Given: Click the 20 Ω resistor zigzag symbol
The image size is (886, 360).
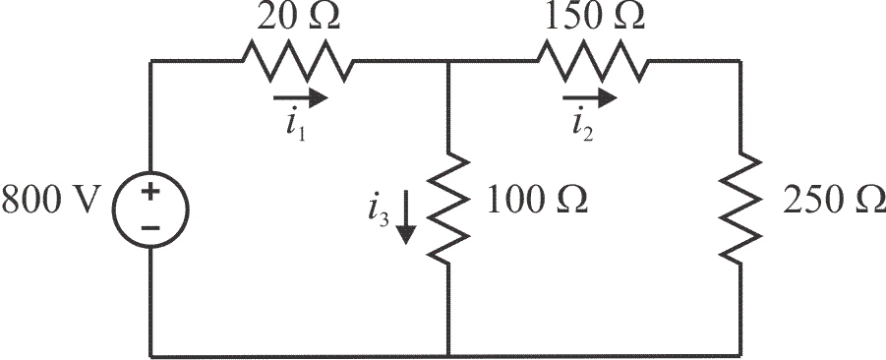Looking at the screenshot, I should pos(296,62).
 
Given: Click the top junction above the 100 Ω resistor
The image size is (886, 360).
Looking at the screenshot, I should pos(447,62).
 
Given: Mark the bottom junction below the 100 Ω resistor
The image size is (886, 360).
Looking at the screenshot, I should pos(447,355).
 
